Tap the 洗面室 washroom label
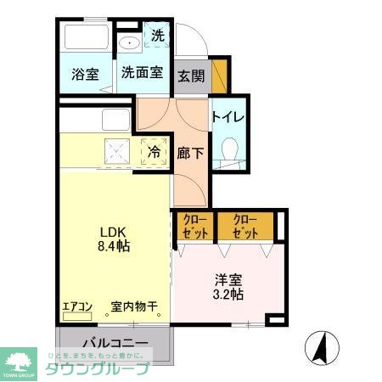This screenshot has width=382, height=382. [141, 73]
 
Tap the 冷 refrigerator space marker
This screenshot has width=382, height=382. [154, 152]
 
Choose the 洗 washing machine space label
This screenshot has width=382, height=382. [158, 36]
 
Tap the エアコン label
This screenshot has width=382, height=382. [77, 307]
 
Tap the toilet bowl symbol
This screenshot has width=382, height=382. [227, 153]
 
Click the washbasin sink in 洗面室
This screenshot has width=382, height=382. [130, 43]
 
